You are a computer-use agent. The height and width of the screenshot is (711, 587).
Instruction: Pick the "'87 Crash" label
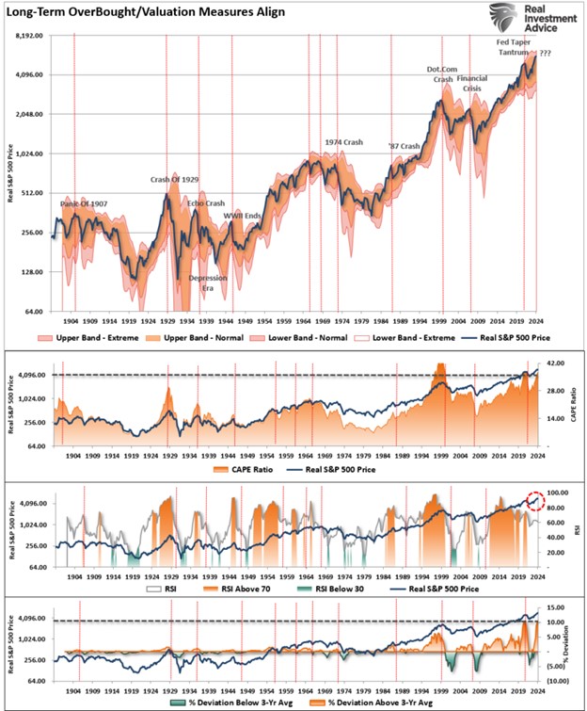[405, 146]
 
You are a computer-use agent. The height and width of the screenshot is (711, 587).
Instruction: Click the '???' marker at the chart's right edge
[546, 54]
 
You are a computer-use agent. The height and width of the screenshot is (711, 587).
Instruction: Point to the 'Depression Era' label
[201, 283]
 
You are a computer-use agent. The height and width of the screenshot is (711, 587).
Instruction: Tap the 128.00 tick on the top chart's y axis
[36, 271]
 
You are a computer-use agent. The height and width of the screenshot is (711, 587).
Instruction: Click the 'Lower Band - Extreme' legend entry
[405, 336]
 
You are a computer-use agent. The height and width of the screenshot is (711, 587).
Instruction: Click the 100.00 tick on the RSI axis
[560, 493]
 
